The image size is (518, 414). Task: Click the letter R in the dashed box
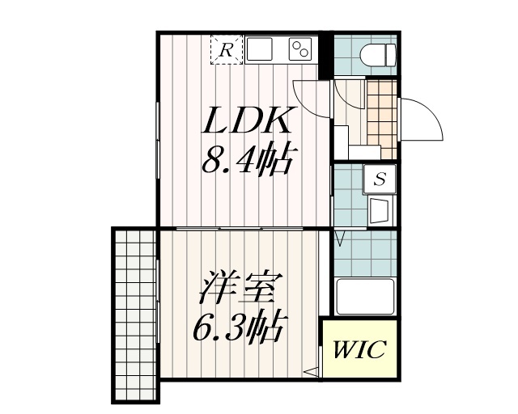pyautogui.click(x=227, y=50)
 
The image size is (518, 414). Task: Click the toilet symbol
pyautogui.click(x=378, y=55)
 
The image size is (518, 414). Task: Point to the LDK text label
pyautogui.click(x=247, y=123)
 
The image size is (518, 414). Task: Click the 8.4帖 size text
pyautogui.click(x=247, y=163)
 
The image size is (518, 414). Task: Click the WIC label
pyautogui.click(x=360, y=351)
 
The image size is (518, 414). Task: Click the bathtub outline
pyautogui.click(x=364, y=296)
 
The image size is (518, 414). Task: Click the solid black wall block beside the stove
pyautogui.click(x=325, y=57)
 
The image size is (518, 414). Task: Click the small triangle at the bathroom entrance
pyautogui.click(x=341, y=238)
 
